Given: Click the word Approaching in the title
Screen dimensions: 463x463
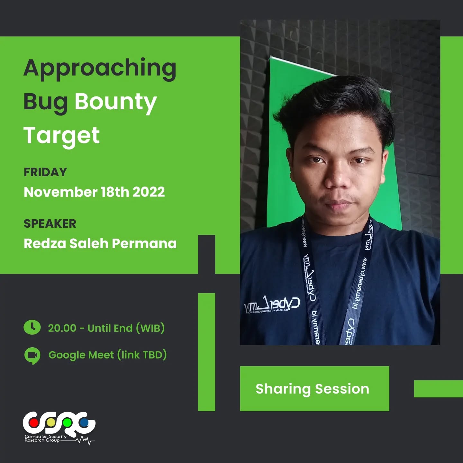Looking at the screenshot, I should tap(100, 69).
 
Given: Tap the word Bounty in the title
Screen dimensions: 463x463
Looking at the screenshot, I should tap(116, 102).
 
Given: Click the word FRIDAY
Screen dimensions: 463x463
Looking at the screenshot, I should tap(45, 172).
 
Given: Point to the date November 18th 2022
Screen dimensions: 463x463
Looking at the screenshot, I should tap(94, 192).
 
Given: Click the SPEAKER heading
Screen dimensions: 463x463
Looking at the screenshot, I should tap(50, 224).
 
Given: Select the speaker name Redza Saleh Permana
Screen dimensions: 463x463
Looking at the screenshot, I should tap(100, 244).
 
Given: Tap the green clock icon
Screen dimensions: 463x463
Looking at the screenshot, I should tap(32, 328).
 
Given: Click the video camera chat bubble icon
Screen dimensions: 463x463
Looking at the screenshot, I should tap(32, 355).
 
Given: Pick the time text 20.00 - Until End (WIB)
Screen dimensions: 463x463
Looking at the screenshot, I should tap(106, 328).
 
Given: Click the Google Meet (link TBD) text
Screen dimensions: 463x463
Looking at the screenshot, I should tap(107, 355).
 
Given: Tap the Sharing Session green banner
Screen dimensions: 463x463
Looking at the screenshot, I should tap(314, 389).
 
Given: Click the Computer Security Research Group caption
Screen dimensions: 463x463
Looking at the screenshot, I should tap(45, 439).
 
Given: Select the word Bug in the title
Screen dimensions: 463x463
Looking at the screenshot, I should tap(45, 102).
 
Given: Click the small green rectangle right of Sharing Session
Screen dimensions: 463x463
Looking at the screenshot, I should tap(438, 389).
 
